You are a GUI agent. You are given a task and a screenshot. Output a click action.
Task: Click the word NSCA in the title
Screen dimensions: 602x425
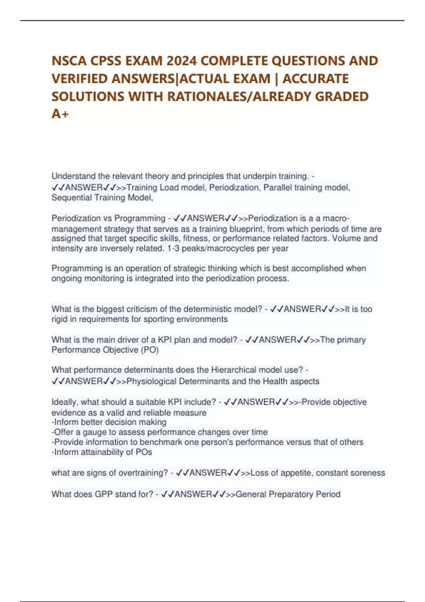coord(69,61)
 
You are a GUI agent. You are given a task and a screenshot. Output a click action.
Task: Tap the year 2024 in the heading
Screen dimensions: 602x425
coord(181,61)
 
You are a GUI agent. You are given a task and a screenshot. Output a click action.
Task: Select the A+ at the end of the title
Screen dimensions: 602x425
coord(60,114)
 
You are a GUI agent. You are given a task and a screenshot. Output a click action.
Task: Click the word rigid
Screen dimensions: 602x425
coord(59,319)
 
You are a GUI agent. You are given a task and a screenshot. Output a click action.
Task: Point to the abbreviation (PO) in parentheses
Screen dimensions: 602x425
coord(150,350)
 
